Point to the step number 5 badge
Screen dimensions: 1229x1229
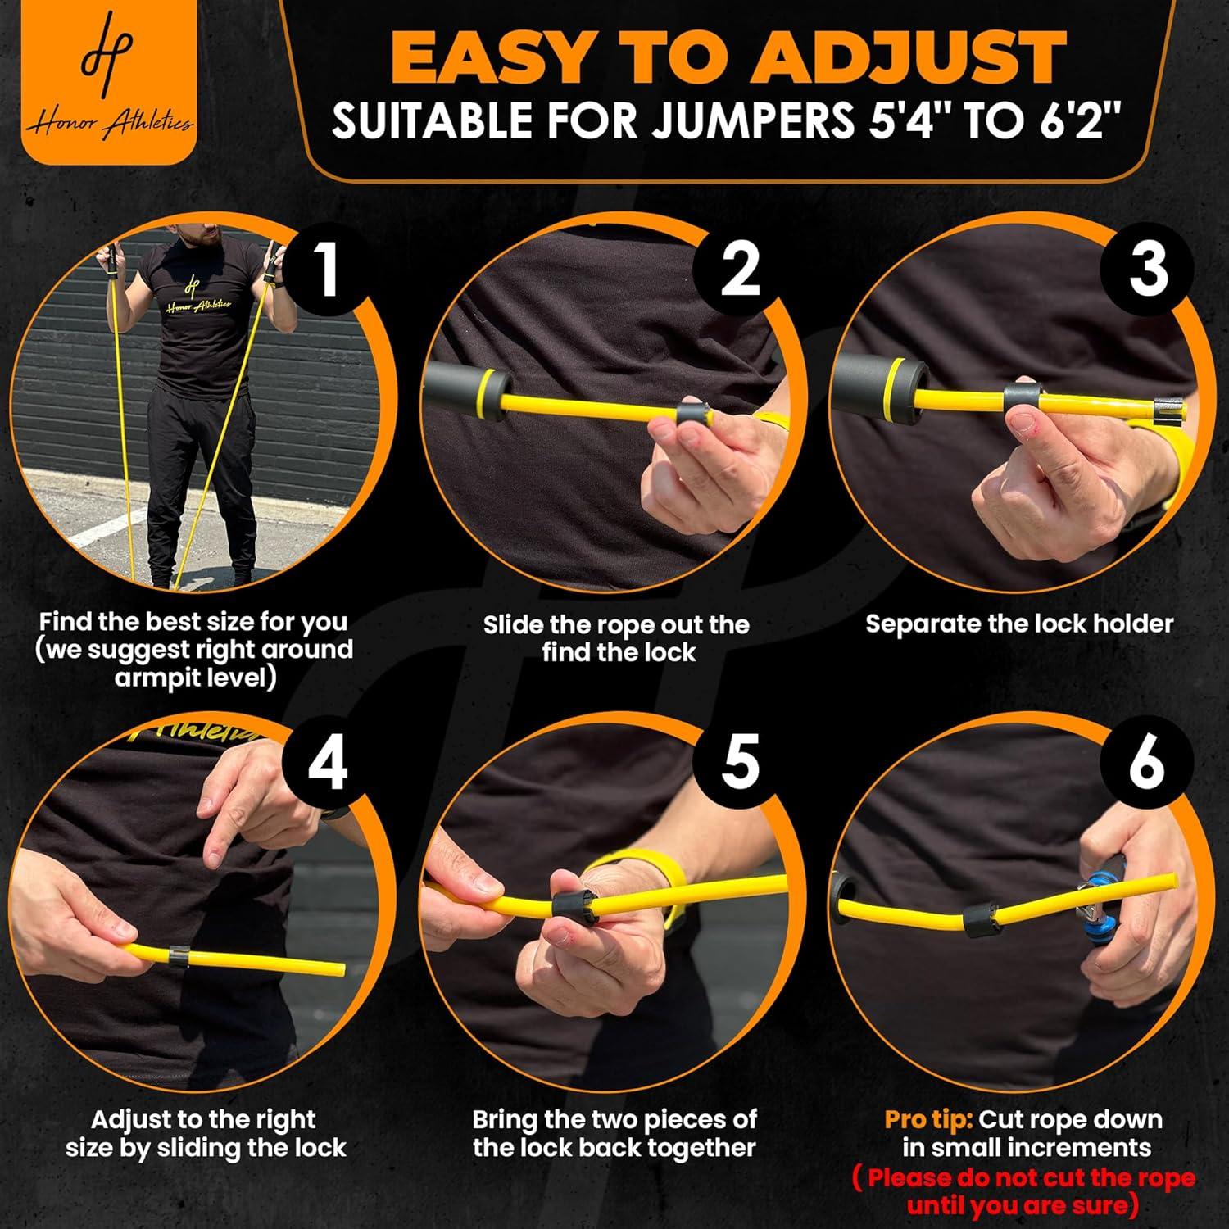tap(739, 760)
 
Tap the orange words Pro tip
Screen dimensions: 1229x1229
tap(927, 1119)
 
